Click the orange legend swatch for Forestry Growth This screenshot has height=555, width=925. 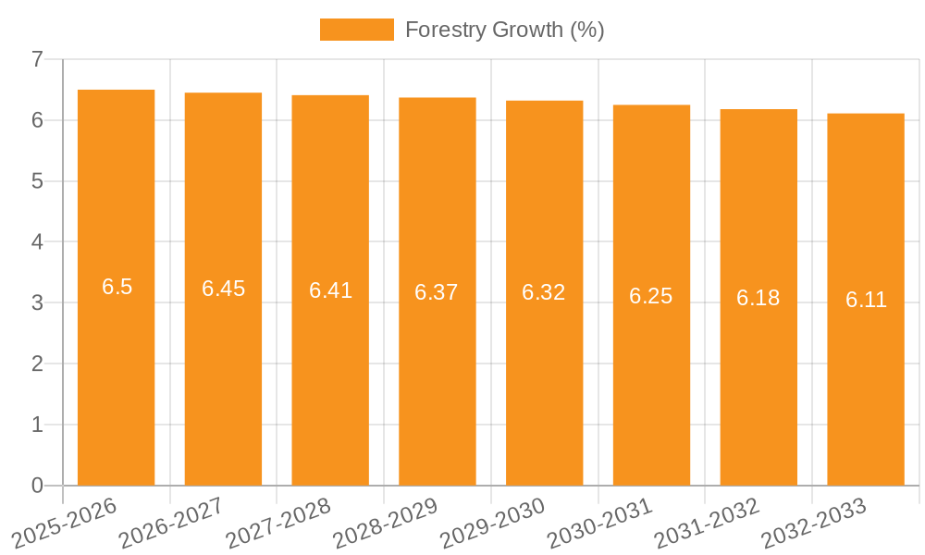356,30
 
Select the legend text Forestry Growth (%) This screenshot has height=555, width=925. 504,30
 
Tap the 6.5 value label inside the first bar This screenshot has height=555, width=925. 117,287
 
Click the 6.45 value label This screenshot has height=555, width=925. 223,289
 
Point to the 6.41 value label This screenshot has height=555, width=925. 330,290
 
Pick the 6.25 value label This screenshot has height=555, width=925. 651,296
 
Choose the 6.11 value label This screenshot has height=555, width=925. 866,300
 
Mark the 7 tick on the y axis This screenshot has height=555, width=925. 37,59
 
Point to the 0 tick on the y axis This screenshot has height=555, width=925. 37,486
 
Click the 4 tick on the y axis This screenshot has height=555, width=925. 37,242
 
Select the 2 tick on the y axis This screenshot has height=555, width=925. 37,364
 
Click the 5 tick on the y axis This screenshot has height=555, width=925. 37,181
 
